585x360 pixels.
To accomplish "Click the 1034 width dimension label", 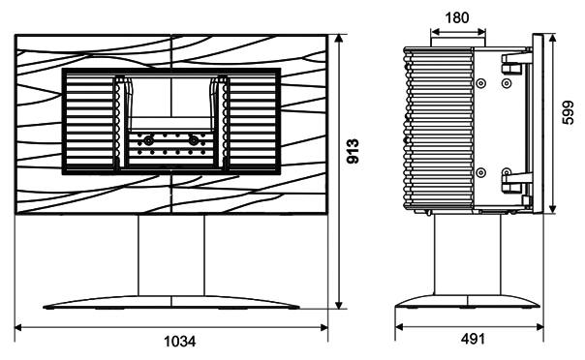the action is [x=180, y=341].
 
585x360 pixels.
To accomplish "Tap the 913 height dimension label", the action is [x=353, y=151].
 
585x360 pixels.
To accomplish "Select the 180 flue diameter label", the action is [x=457, y=17].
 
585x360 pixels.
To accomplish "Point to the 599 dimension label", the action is [x=569, y=112].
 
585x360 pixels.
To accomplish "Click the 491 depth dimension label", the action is [x=473, y=339].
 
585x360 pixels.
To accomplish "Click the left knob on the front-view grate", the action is [x=148, y=141].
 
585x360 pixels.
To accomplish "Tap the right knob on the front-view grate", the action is [x=194, y=141].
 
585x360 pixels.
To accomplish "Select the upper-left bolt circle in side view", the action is [x=481, y=83].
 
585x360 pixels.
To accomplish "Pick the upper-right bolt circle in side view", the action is [x=507, y=83].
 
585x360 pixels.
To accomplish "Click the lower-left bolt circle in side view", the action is [x=481, y=172].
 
